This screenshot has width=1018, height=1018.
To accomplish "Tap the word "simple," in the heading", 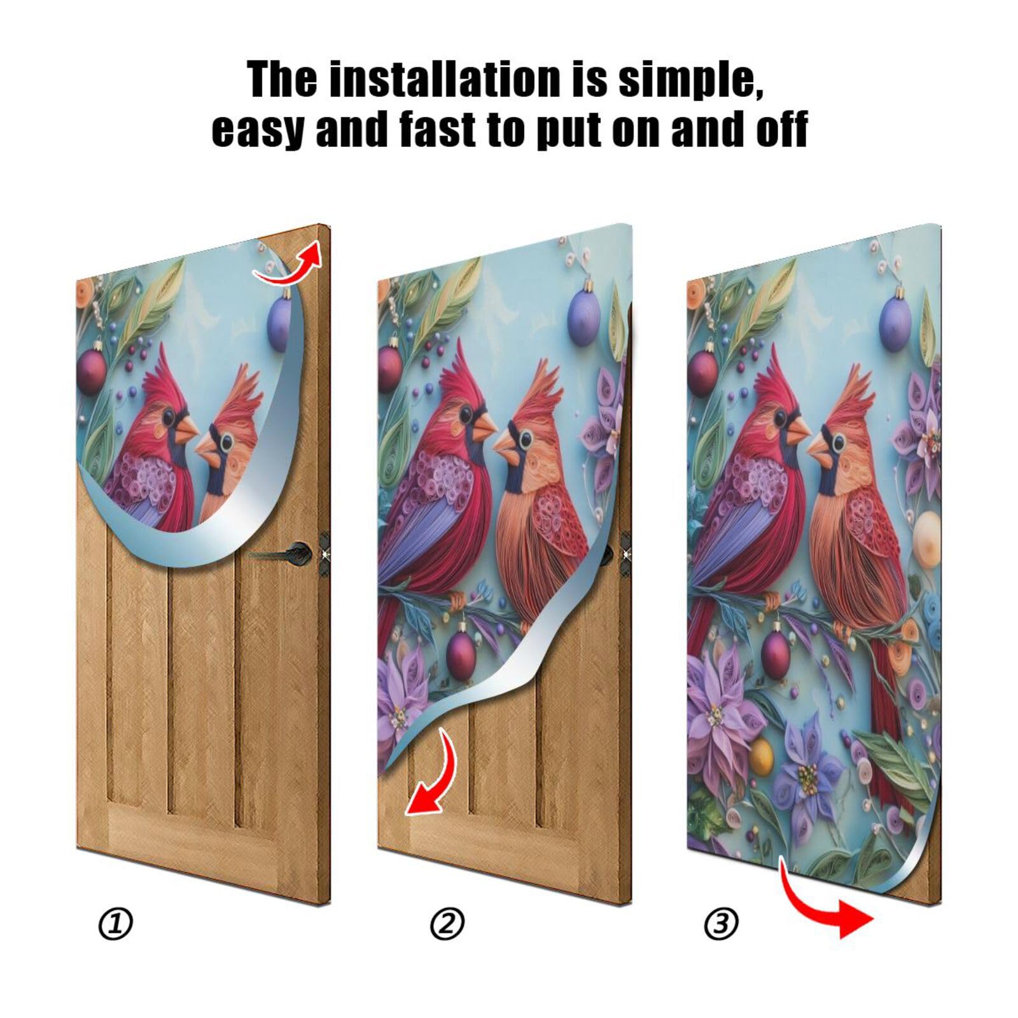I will [690, 80].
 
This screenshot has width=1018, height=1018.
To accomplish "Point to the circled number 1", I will [116, 923].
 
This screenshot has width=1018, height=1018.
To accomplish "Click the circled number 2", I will [447, 923].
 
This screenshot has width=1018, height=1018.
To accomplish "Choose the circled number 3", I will [721, 923].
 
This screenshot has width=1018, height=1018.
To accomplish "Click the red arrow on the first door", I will [289, 264].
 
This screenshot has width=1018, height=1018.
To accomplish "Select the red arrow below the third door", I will [827, 903].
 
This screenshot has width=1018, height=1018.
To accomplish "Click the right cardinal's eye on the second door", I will [525, 439].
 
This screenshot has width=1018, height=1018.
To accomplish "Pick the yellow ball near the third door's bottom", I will [761, 757].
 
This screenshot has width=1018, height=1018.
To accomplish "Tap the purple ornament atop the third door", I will [896, 323].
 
